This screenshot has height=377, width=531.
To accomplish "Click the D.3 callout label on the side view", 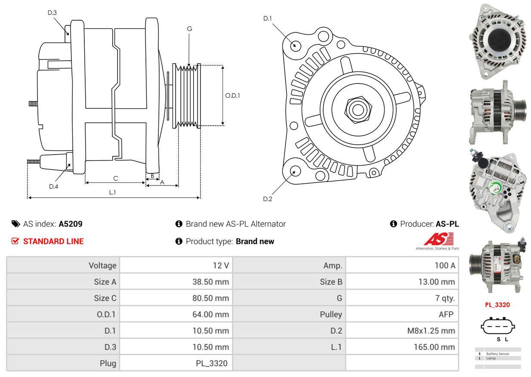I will pyautogui.click(x=52, y=12).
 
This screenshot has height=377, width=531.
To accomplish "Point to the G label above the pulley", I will pyautogui.click(x=189, y=29).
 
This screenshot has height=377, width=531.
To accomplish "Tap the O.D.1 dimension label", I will pyautogui.click(x=232, y=96).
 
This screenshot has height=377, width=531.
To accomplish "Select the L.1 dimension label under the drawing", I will pyautogui.click(x=112, y=192).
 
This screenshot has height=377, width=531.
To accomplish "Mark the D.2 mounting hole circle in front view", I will pyautogui.click(x=295, y=171).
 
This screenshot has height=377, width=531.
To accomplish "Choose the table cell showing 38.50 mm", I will pyautogui.click(x=210, y=282).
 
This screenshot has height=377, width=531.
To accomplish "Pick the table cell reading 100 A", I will pyautogui.click(x=445, y=266).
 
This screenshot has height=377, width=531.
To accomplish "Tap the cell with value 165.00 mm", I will pyautogui.click(x=434, y=347).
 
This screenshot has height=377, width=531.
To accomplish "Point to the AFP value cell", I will pyautogui.click(x=446, y=314).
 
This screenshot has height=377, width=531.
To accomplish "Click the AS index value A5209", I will pyautogui.click(x=71, y=224).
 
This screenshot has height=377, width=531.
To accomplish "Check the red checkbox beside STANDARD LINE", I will pyautogui.click(x=15, y=241).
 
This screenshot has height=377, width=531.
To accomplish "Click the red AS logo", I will pyautogui.click(x=438, y=239).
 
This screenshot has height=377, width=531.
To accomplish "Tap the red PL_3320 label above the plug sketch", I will pyautogui.click(x=497, y=305).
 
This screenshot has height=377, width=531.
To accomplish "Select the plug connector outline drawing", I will pyautogui.click(x=498, y=327).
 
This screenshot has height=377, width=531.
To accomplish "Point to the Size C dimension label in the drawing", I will pyautogui.click(x=115, y=178).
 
